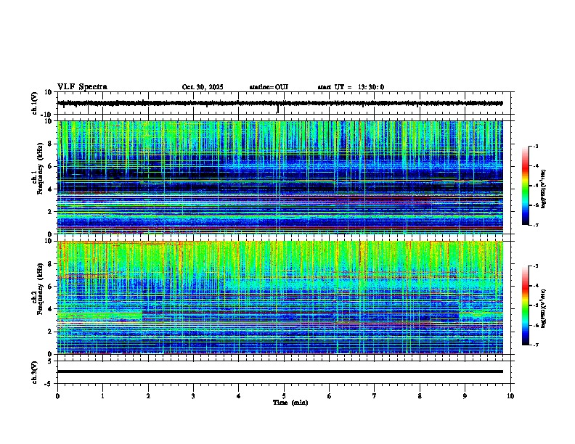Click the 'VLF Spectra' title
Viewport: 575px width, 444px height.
click(82, 87)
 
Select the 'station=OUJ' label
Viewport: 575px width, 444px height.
click(269, 87)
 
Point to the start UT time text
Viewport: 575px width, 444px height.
click(351, 87)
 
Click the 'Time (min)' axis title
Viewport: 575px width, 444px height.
click(290, 402)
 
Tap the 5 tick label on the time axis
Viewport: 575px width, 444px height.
click(284, 396)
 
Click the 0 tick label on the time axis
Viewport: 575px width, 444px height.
click(57, 396)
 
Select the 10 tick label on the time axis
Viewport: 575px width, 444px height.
click(510, 396)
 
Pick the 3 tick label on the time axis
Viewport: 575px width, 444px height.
click(193, 396)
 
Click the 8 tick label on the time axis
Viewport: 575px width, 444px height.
click(420, 396)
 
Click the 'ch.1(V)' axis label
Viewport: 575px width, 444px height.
click(35, 104)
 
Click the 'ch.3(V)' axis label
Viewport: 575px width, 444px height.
click(35, 371)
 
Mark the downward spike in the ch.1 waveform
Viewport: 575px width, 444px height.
click(278, 110)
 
